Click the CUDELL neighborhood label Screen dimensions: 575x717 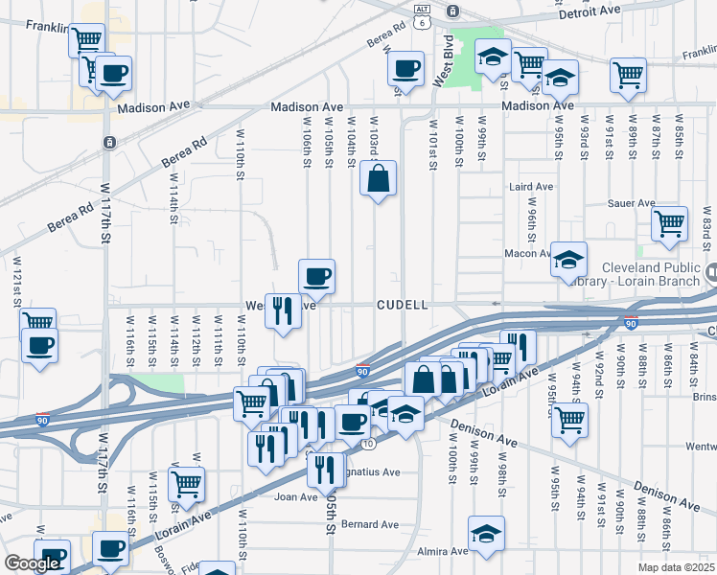coord(401,305)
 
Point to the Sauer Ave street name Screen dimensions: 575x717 coord(632,203)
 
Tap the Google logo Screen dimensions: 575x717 coord(32,563)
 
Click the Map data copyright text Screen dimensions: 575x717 coord(677,567)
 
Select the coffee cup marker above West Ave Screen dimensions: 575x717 coord(316,277)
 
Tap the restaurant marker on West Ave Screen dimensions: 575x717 coord(282,310)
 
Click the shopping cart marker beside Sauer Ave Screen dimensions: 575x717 coord(669,224)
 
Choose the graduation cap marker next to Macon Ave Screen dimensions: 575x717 coord(568,259)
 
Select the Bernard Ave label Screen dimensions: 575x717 coord(370,524)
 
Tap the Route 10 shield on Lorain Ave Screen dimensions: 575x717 coord(369,444)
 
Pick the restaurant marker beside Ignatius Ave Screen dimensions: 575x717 coord(325,468)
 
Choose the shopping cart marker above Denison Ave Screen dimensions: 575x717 coord(570,419)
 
